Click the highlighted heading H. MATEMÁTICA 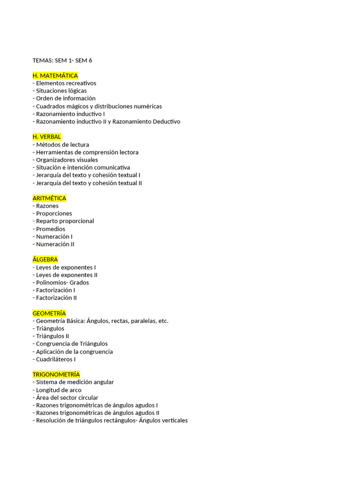tap(55, 75)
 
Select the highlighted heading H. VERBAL tap(47, 136)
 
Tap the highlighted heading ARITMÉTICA tap(49, 198)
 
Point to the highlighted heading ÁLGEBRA tap(45, 259)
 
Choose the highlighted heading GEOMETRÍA tap(49, 313)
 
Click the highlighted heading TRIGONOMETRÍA tap(56, 375)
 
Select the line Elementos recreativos tap(65, 83)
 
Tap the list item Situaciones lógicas tap(60, 90)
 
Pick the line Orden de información tap(64, 98)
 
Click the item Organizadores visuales tap(66, 160)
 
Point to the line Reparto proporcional tap(64, 221)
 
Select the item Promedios tap(49, 229)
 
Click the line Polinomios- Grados tap(61, 283)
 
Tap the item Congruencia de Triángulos tap(70, 344)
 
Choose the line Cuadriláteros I tap(54, 359)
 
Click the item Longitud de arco tap(57, 390)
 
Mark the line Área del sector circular tap(66, 397)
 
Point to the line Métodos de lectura tap(61, 144)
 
